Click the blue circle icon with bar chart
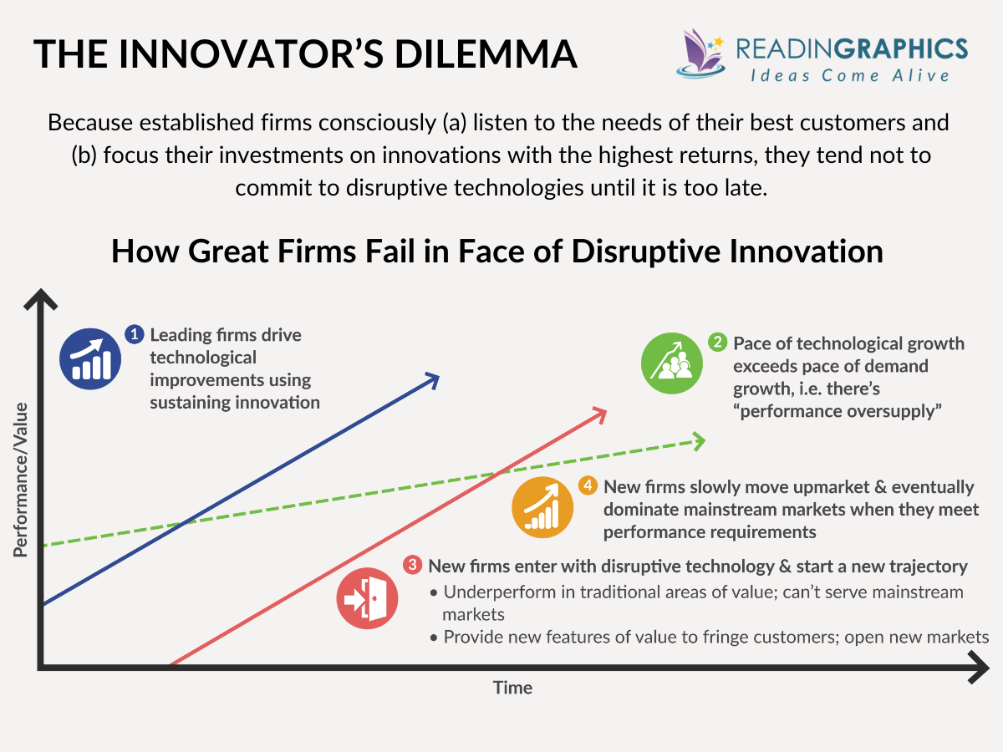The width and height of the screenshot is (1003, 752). [x=90, y=357]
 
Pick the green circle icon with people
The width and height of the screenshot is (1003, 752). [x=672, y=363]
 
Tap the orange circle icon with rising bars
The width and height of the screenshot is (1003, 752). [x=543, y=509]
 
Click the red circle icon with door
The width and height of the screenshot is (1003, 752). [x=367, y=597]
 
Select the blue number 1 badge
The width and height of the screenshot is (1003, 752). [x=134, y=334]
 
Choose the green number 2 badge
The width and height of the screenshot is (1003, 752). [x=717, y=343]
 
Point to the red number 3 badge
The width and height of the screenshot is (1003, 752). [x=412, y=566]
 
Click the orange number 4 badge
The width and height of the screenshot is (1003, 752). [x=588, y=485]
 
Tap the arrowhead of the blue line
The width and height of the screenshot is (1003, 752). [x=432, y=380]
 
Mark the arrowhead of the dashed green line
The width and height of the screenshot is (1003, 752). [x=697, y=440]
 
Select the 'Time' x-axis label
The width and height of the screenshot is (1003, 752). [x=512, y=688]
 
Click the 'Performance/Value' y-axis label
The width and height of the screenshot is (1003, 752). [x=21, y=479]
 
